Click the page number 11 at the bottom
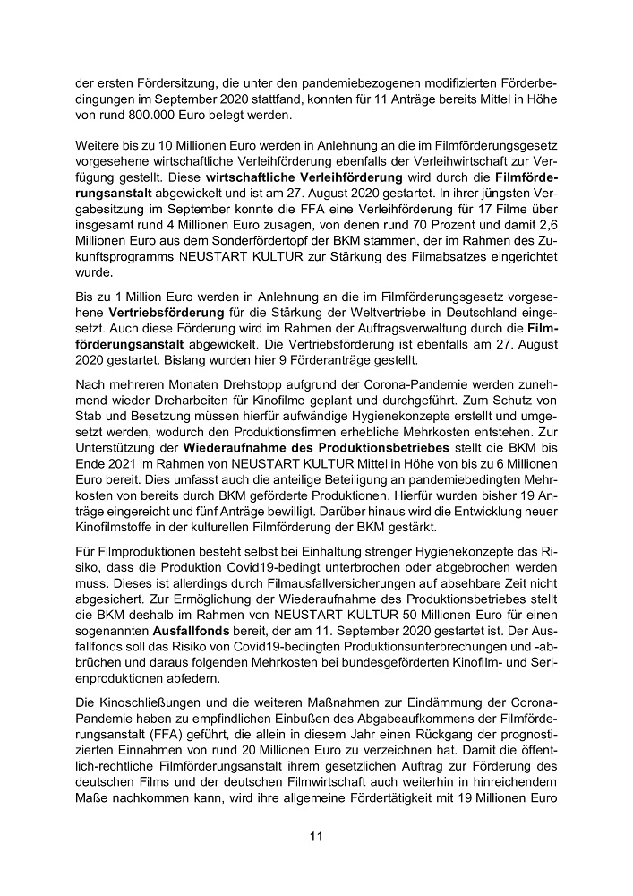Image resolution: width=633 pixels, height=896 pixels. [316, 837]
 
